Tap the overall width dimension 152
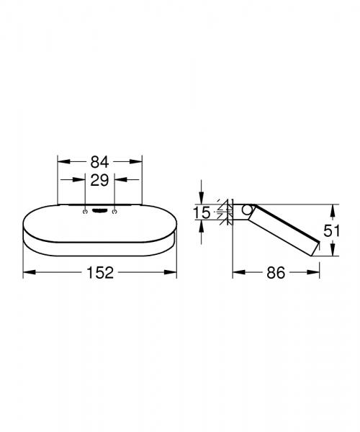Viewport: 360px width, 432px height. tap(99, 272)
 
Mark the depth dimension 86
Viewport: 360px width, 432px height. tap(276, 272)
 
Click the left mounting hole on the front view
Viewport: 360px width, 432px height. tap(86, 212)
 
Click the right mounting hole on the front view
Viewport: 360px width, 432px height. tap(114, 212)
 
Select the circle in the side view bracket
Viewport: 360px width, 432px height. tap(248, 211)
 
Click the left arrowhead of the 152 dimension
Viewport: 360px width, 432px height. tap(27, 272)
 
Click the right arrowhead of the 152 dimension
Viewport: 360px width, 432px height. tap(173, 272)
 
